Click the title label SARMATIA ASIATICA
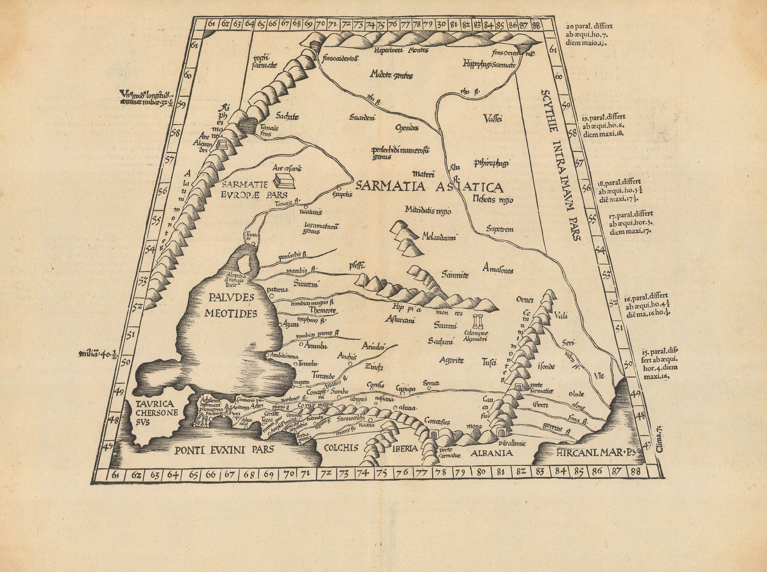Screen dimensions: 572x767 pyautogui.click(x=429, y=187)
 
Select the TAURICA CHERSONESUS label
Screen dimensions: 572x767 pyautogui.click(x=151, y=413)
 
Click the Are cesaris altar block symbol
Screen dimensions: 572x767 pyautogui.click(x=284, y=181)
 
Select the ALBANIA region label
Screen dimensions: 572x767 pyautogui.click(x=491, y=453)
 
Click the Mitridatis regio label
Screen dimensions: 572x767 pyautogui.click(x=428, y=210)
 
